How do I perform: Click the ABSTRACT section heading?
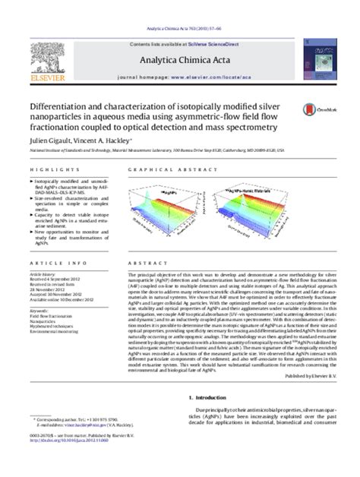143,264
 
